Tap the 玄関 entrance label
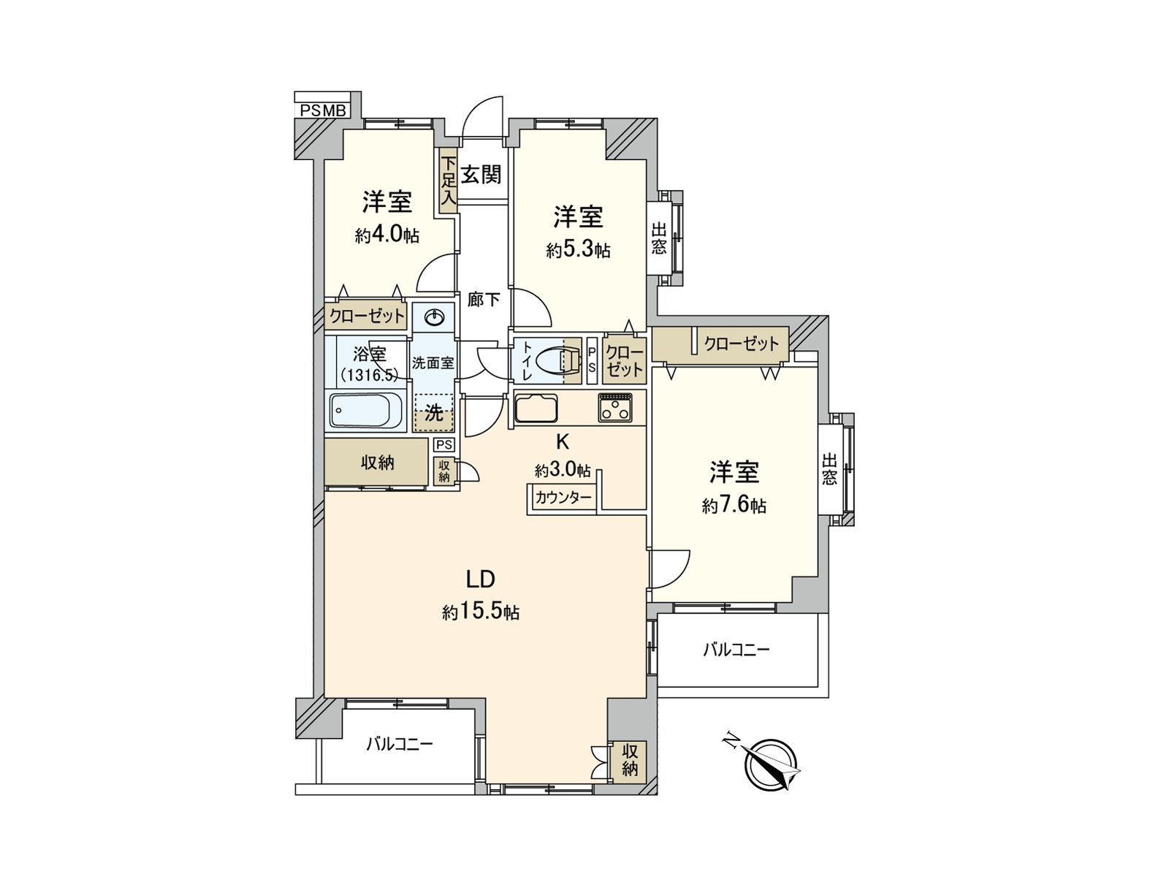pyautogui.click(x=481, y=174)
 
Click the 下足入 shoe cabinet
pyautogui.click(x=448, y=181)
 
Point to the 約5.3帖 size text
pyautogui.click(x=578, y=251)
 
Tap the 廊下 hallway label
pyautogui.click(x=484, y=299)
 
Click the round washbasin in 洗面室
pyautogui.click(x=434, y=317)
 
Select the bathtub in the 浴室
pyautogui.click(x=365, y=411)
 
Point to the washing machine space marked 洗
pyautogui.click(x=433, y=413)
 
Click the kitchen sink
pyautogui.click(x=536, y=407)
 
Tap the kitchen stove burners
pyautogui.click(x=616, y=407)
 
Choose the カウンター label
pyautogui.click(x=563, y=498)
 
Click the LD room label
pyautogui.click(x=481, y=580)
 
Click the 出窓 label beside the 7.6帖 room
pyautogui.click(x=829, y=469)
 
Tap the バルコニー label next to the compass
pyautogui.click(x=736, y=649)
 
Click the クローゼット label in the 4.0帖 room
pyautogui.click(x=366, y=316)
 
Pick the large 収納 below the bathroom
pyautogui.click(x=377, y=463)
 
